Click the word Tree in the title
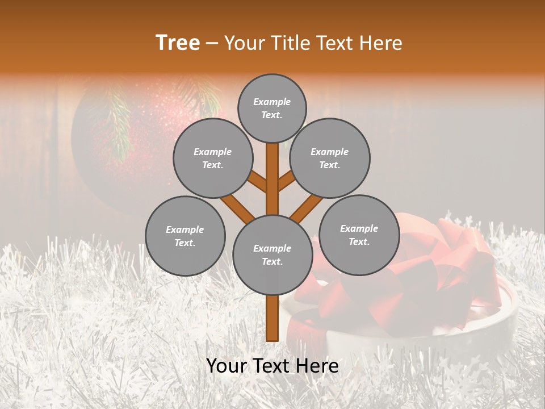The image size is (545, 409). tap(178, 43)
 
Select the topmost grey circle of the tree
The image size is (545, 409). tap(272, 108)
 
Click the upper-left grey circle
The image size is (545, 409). tap(212, 158)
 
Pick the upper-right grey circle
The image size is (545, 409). tap(329, 158)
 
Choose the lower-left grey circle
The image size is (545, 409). tap(185, 236)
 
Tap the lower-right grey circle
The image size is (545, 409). tap(359, 235)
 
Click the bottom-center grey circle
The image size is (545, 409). tap(272, 254)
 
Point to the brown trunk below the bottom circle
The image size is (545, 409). tap(272, 318)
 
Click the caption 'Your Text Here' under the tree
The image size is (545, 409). tap(272, 366)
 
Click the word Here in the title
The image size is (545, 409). tap(381, 43)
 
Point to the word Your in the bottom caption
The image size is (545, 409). tap(227, 366)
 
